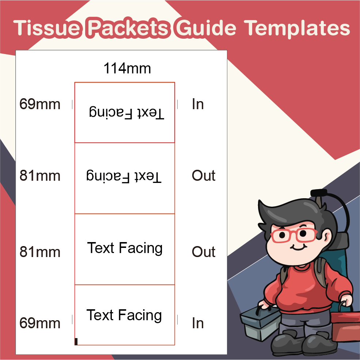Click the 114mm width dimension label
127,68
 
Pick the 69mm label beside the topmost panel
40,104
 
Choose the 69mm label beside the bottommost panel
40,323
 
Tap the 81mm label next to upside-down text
40,176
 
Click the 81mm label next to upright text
40,252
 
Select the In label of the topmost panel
198,104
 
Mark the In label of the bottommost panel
198,323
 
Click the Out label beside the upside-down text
204,176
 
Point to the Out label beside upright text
204,252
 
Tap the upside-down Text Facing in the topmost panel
126,113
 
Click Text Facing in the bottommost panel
124,315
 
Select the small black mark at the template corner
76,341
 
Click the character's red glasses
293,235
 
